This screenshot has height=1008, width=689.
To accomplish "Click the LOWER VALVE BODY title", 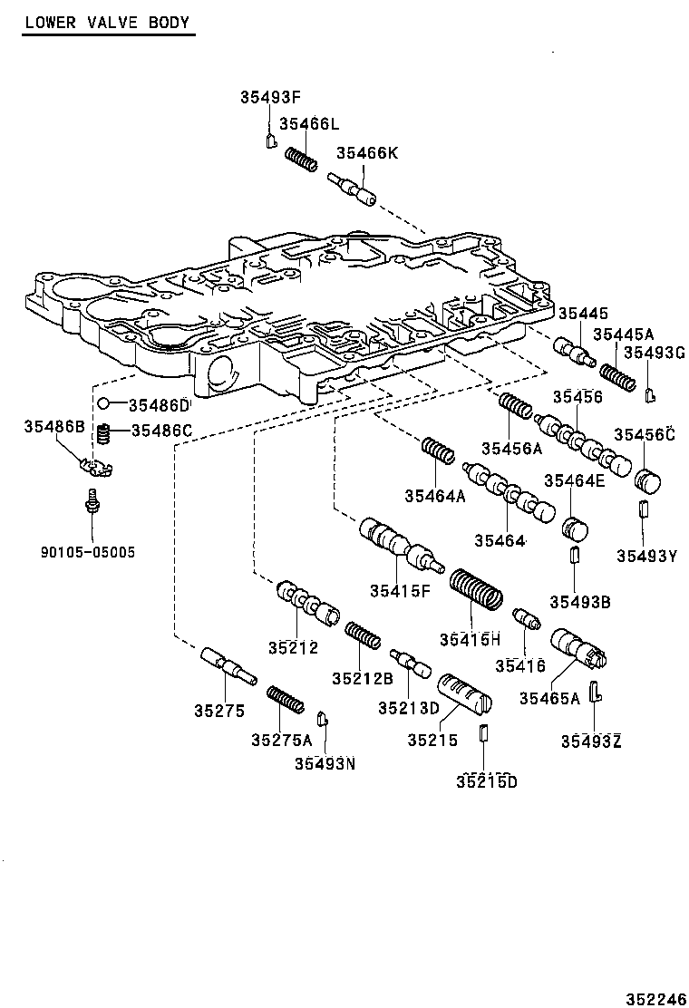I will click(107, 22).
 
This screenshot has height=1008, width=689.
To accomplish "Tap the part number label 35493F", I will click(271, 97).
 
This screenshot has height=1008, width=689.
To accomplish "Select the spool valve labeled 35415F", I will click(397, 544).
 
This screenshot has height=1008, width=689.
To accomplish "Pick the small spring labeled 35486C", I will click(104, 434).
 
